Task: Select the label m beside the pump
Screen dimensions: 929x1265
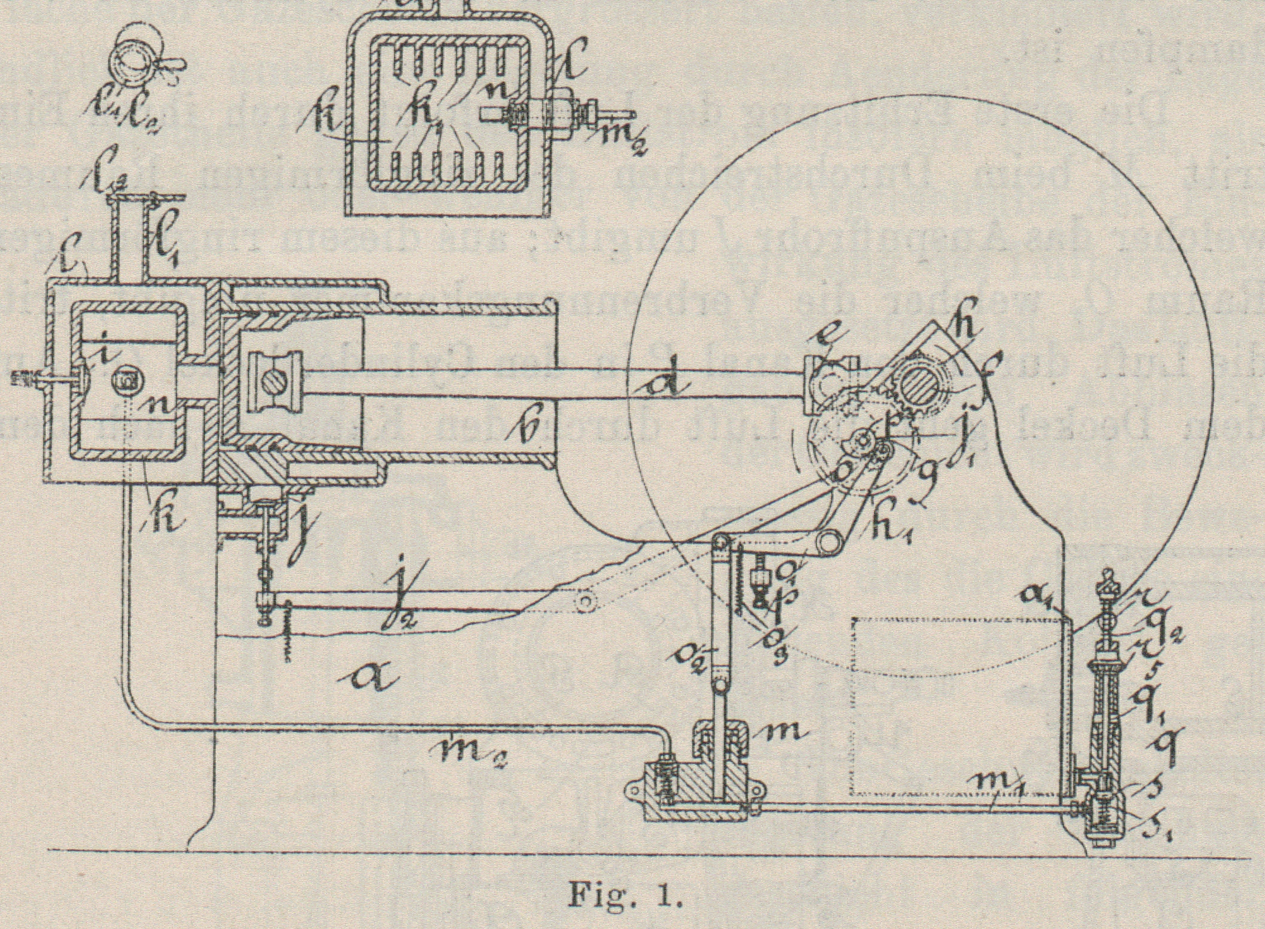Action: click(x=785, y=731)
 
